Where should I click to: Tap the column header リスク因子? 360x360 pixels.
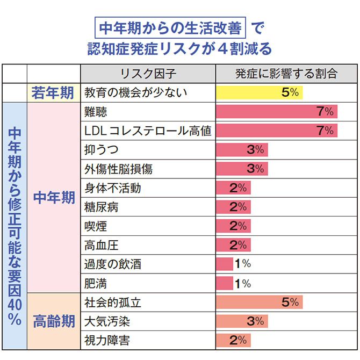(148, 74)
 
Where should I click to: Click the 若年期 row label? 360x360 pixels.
(53, 92)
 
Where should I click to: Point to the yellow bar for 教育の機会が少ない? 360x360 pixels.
(259, 92)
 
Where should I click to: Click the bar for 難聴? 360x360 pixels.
(276, 112)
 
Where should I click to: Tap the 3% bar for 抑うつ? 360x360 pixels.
(241, 150)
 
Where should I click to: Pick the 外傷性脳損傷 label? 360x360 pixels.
(119, 169)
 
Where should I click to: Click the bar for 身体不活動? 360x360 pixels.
(233, 188)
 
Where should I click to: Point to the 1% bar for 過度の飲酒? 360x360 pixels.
(224, 264)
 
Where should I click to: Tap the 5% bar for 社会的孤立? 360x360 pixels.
(259, 303)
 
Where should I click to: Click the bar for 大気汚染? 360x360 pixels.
(241, 321)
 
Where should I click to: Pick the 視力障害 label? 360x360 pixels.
(107, 340)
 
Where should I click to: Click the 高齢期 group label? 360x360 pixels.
(53, 321)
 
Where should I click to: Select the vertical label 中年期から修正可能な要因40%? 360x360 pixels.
(15, 226)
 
